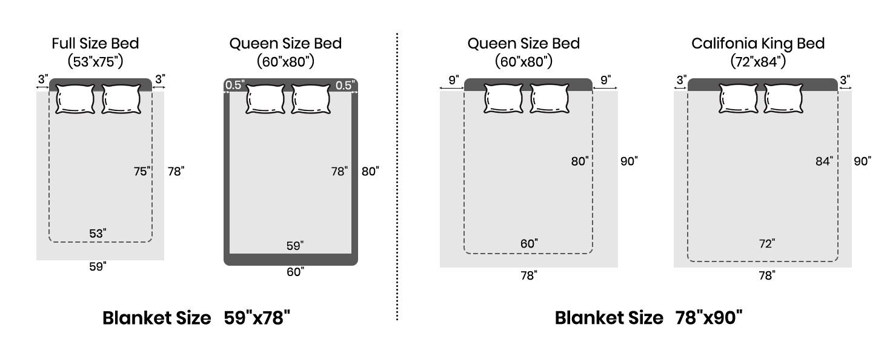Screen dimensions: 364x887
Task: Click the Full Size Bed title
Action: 95,44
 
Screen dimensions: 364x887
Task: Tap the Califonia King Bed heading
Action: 758,44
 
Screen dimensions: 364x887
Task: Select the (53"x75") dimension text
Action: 95,61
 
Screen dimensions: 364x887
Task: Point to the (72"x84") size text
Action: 758,61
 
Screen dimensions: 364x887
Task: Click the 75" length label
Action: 142,172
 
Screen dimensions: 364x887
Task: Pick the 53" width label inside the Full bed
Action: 98,233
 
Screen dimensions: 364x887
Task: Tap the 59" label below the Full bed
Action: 98,266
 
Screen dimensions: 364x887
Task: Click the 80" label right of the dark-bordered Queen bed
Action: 370,172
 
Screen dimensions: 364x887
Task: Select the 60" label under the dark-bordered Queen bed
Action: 295,272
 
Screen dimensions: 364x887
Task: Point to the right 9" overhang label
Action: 606,79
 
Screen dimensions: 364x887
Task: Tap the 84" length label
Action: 824,161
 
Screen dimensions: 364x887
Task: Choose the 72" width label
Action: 766,244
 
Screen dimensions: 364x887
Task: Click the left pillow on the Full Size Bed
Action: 75,99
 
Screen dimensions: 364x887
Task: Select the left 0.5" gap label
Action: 234,86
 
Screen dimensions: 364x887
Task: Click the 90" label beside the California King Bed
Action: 862,161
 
